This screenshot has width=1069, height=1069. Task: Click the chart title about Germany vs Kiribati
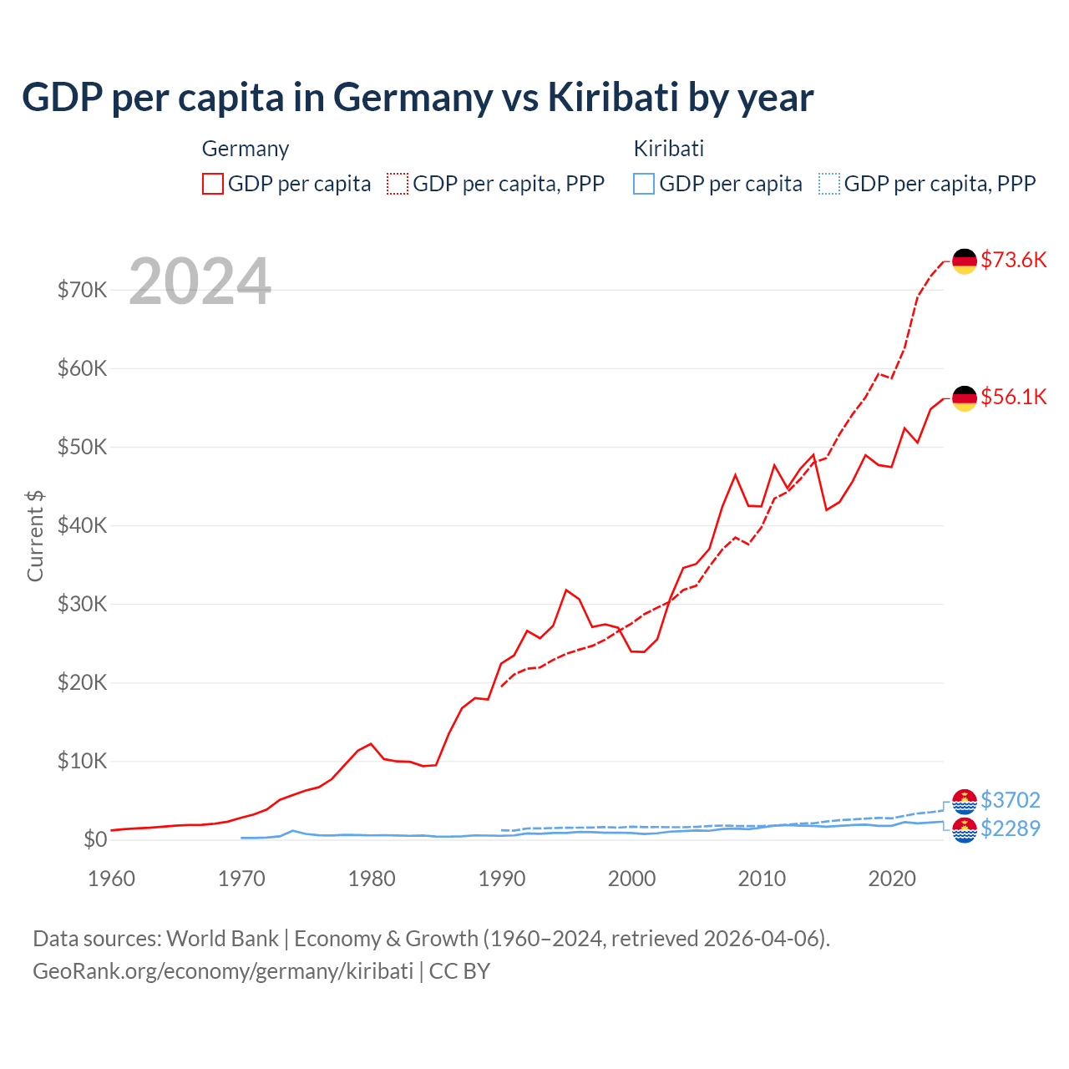click(x=418, y=98)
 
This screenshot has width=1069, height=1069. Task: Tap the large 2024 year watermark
click(x=200, y=282)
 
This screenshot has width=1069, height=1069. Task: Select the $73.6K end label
click(x=1013, y=260)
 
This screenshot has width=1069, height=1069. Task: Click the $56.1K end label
click(x=1013, y=397)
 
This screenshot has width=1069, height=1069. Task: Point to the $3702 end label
click(x=1011, y=800)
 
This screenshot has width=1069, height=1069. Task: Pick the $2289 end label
click(x=1011, y=828)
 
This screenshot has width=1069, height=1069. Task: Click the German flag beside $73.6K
click(x=965, y=261)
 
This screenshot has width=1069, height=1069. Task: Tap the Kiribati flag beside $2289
click(x=965, y=830)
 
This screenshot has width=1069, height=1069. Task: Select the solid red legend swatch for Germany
click(x=213, y=184)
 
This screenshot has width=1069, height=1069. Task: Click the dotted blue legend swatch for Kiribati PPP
click(x=829, y=184)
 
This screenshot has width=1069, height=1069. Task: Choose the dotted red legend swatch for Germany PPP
click(x=398, y=184)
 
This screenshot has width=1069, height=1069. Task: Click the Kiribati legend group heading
click(x=669, y=149)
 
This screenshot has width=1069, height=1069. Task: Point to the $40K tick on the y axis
click(x=82, y=525)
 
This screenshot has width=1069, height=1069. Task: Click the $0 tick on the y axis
click(x=95, y=839)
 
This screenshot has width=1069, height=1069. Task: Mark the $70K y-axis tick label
click(x=82, y=290)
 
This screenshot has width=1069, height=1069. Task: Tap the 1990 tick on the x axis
click(x=502, y=879)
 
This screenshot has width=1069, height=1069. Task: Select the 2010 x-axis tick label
click(x=762, y=879)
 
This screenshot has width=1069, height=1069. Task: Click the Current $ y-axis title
click(x=35, y=536)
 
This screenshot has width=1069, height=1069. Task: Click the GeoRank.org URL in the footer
click(x=223, y=971)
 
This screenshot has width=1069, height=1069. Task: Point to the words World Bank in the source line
click(x=222, y=939)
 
